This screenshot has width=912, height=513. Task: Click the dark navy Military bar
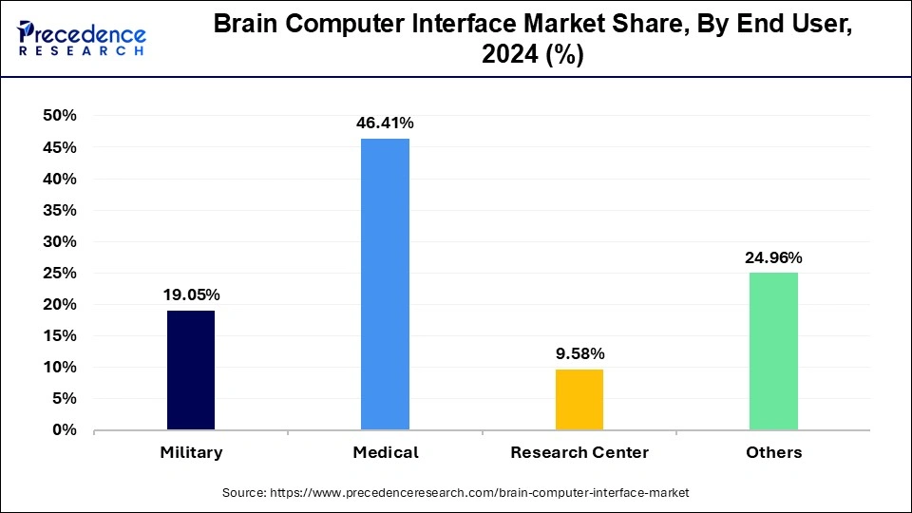click(x=191, y=370)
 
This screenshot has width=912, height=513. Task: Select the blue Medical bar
click(x=385, y=284)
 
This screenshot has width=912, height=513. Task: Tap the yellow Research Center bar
click(x=579, y=399)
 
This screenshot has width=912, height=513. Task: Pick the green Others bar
click(x=773, y=351)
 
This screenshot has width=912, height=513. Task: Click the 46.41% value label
click(x=385, y=123)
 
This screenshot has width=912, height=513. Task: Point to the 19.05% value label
click(x=191, y=294)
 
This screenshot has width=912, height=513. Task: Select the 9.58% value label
click(x=579, y=353)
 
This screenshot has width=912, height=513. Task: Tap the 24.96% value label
click(x=773, y=257)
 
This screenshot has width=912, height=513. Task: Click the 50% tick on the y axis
click(x=59, y=116)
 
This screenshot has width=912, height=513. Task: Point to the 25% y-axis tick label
click(x=59, y=273)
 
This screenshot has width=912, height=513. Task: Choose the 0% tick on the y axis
click(x=64, y=430)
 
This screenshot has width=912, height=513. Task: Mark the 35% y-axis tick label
click(x=59, y=210)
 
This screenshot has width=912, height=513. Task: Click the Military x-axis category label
click(x=191, y=452)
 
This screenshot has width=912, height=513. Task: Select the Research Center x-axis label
click(x=579, y=452)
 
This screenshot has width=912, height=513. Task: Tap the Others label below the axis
click(x=773, y=452)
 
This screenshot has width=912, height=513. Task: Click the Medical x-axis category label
click(x=385, y=452)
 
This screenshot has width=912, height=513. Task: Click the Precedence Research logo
click(x=82, y=38)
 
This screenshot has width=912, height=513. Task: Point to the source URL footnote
click(x=456, y=493)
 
